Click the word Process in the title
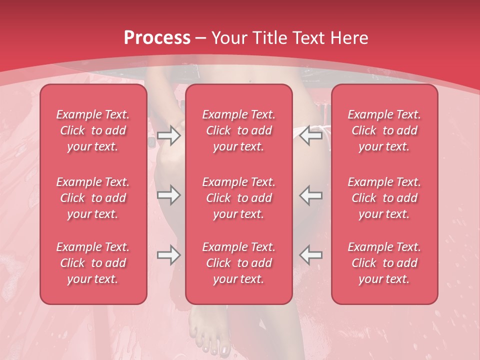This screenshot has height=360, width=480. coord(157,37)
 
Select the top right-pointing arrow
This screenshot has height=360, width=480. coord(169,135)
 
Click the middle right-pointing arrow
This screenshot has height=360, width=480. coord(169,194)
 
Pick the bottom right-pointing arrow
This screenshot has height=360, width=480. coord(169,255)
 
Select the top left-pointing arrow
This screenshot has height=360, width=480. coord(311,135)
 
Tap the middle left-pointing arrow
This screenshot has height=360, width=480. coord(311,194)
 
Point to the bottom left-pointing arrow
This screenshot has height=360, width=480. coord(311,255)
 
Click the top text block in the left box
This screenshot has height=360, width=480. coord(93,130)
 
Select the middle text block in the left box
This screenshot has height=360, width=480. coord(93,198)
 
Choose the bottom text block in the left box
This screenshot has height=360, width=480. coord(93,263)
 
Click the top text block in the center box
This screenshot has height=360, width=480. coord(238,130)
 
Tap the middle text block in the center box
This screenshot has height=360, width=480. coord(238,198)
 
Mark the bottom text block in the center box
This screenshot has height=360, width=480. coord(238,263)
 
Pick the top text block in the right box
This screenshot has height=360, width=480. coord(384,130)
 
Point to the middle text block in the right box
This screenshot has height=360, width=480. coord(384,198)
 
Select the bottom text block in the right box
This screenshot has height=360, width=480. coord(384,263)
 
